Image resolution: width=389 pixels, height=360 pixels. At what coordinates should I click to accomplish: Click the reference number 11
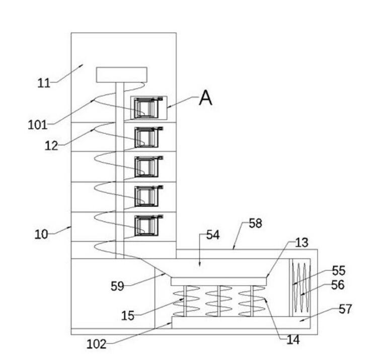44,83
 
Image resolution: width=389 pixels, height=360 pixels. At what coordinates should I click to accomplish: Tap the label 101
37,125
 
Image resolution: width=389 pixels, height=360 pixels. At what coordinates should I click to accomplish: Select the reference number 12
51,146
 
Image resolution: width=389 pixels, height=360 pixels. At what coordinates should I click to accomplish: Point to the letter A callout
206,98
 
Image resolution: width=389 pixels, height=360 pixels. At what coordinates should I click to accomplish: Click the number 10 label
41,234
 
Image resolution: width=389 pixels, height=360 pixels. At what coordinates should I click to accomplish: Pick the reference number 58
255,223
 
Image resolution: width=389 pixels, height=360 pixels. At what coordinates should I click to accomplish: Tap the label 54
213,235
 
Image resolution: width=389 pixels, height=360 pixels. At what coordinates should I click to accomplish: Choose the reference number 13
301,243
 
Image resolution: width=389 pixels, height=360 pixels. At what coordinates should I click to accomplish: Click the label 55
339,271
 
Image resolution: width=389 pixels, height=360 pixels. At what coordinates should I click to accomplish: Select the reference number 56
338,285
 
